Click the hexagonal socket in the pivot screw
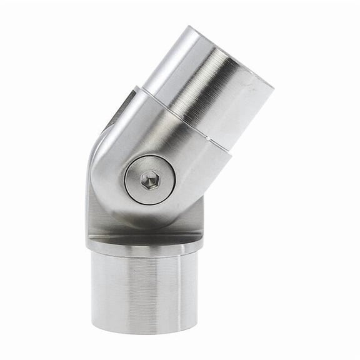[x=149, y=181]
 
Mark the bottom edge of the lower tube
[x=144, y=332]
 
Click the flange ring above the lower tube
[x=144, y=245]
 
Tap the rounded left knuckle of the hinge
[x=103, y=181]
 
